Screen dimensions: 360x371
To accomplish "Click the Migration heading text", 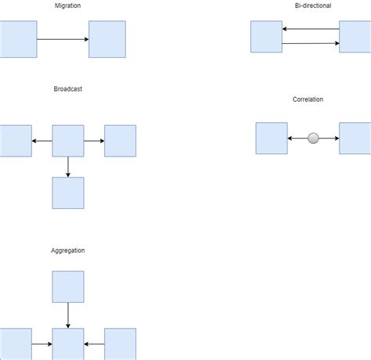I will click(67, 6).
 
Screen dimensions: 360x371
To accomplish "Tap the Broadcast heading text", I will click(67, 89).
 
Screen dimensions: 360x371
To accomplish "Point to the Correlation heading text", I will click(308, 99).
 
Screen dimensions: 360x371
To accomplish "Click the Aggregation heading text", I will click(67, 250).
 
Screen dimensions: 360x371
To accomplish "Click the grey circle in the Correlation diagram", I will click(313, 139).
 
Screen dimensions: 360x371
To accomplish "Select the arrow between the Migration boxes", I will click(63, 39).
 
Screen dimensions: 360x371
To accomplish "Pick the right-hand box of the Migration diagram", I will click(106, 39).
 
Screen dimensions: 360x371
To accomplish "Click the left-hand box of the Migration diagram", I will click(18, 39).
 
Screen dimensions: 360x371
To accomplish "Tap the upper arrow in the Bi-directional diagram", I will click(311, 30).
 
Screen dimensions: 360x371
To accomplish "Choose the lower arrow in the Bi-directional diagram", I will click(311, 44).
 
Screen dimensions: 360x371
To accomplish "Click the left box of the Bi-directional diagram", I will click(266, 37).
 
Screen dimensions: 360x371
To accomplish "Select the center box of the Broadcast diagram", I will click(68, 141).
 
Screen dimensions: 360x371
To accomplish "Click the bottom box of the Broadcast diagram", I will click(68, 193).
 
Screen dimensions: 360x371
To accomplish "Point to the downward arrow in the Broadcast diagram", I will click(68, 167).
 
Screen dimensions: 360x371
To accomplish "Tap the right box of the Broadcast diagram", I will click(120, 141).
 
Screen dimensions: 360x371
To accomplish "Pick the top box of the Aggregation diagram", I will click(68, 286).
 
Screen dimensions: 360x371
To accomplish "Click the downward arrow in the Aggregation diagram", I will click(68, 315).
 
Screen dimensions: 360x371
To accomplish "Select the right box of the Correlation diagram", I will click(355, 139).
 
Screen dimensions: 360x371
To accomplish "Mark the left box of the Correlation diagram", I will click(272, 139).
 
